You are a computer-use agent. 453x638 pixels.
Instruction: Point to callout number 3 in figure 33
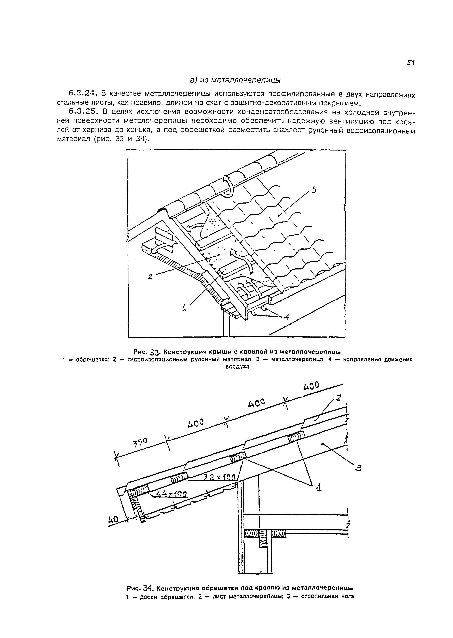coord(314,191)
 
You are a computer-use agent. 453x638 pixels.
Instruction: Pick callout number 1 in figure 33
coord(184,308)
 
